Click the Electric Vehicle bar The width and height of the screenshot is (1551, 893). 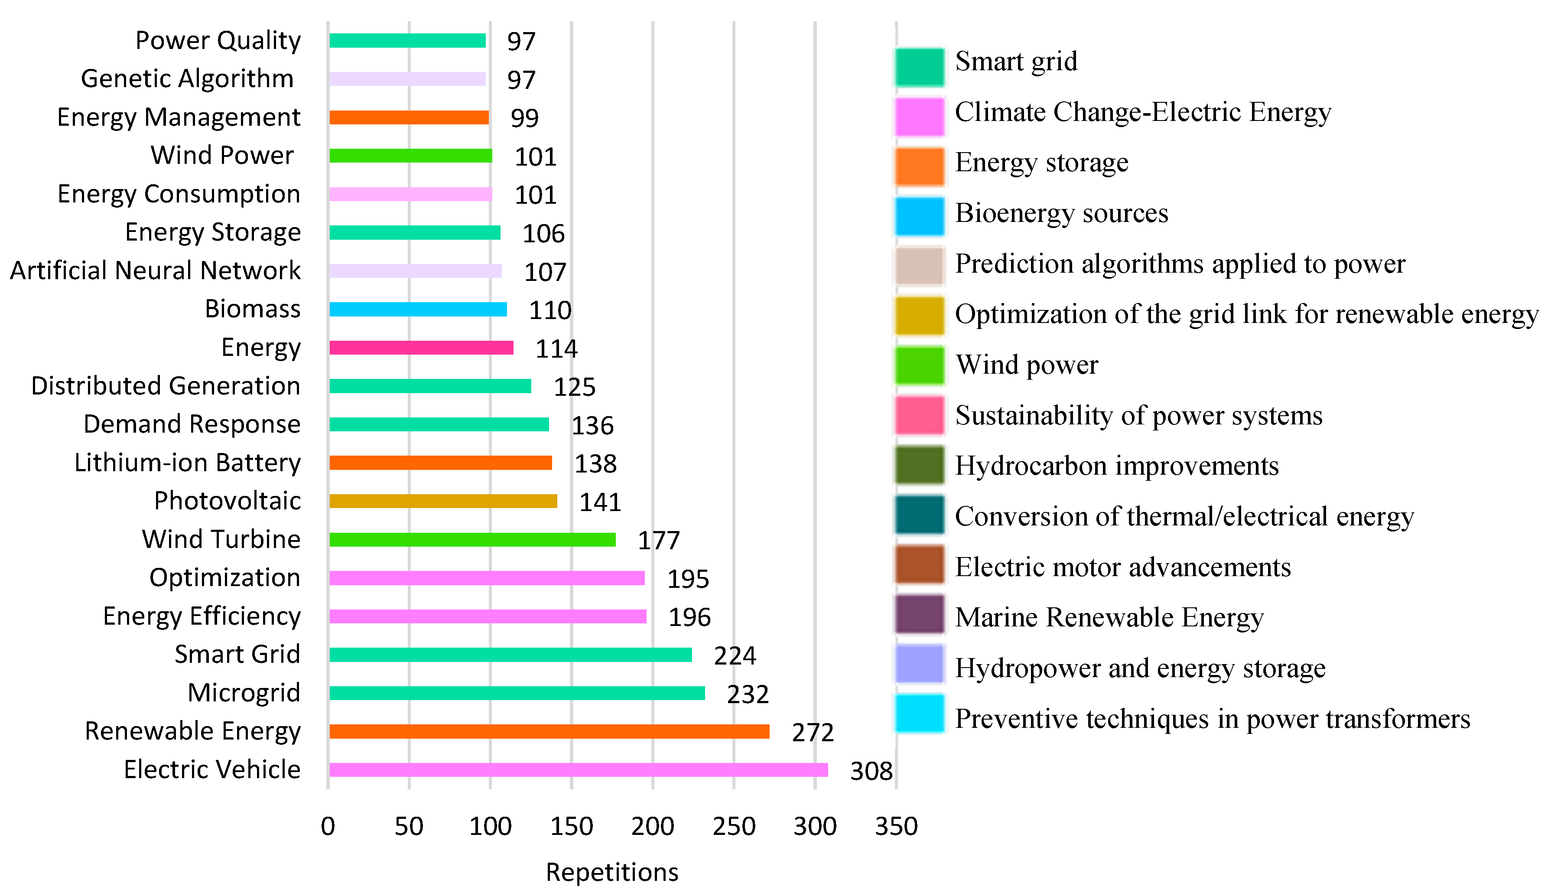(578, 770)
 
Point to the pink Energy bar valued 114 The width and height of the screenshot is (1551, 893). (421, 348)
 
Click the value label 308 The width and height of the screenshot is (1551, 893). (871, 771)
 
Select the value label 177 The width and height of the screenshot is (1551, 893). (658, 540)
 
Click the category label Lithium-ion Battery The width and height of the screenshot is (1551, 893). (188, 463)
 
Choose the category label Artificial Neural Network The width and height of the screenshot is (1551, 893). (155, 271)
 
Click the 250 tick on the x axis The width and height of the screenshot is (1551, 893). (734, 826)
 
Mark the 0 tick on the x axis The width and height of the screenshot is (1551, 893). (328, 826)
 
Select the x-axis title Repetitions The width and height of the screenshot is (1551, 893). (612, 871)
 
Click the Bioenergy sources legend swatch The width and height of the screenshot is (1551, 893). (919, 216)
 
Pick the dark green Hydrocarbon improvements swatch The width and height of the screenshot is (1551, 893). (919, 466)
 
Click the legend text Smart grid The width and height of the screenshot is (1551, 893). (1016, 61)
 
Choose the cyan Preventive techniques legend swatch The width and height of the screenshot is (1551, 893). (919, 713)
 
